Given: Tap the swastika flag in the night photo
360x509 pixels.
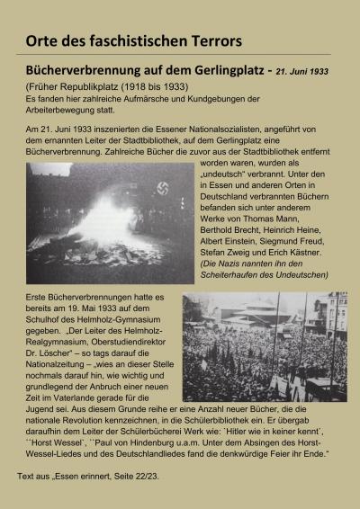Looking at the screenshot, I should pyautogui.click(x=163, y=190).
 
